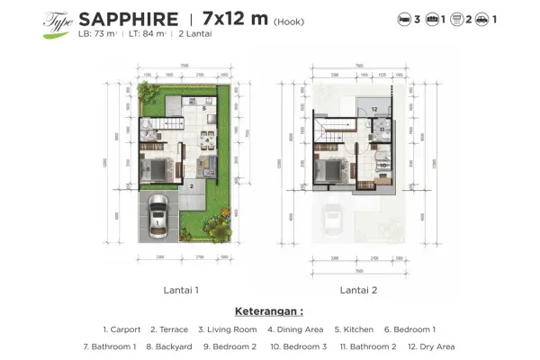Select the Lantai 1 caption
182,291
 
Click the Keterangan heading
269,311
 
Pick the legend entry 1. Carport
121,329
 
